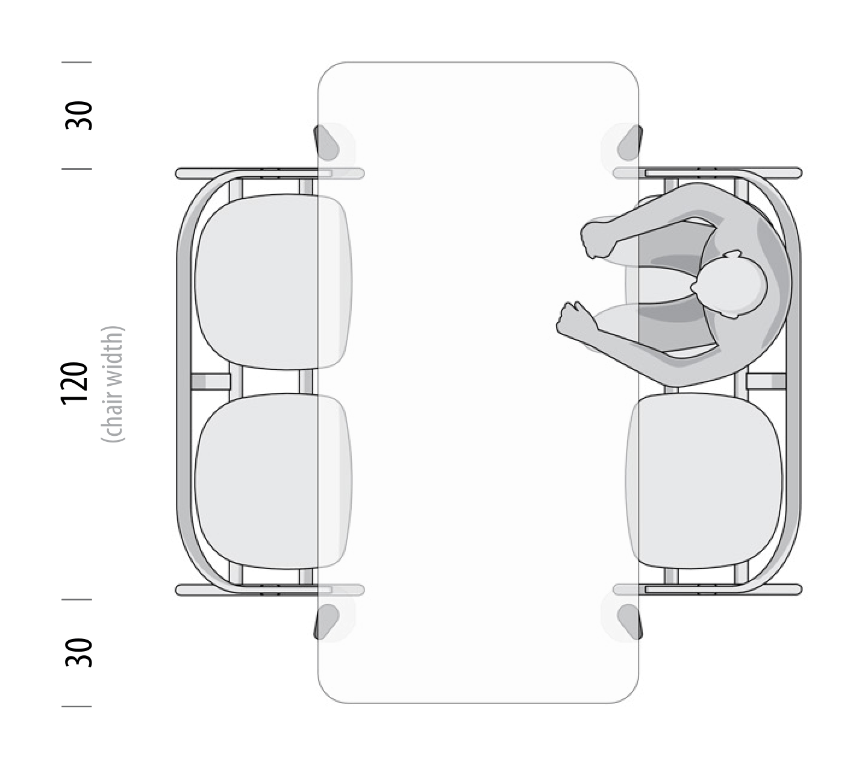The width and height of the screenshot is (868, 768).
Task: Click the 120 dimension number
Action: click(75, 383)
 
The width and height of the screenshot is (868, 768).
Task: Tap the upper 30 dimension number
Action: click(78, 115)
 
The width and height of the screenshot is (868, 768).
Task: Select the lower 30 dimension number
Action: click(78, 652)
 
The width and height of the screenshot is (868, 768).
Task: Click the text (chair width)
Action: click(113, 384)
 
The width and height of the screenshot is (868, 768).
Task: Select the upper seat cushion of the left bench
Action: click(273, 282)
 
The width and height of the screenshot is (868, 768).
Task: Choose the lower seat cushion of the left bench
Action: click(273, 481)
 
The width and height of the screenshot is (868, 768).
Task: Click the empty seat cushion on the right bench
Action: click(704, 481)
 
